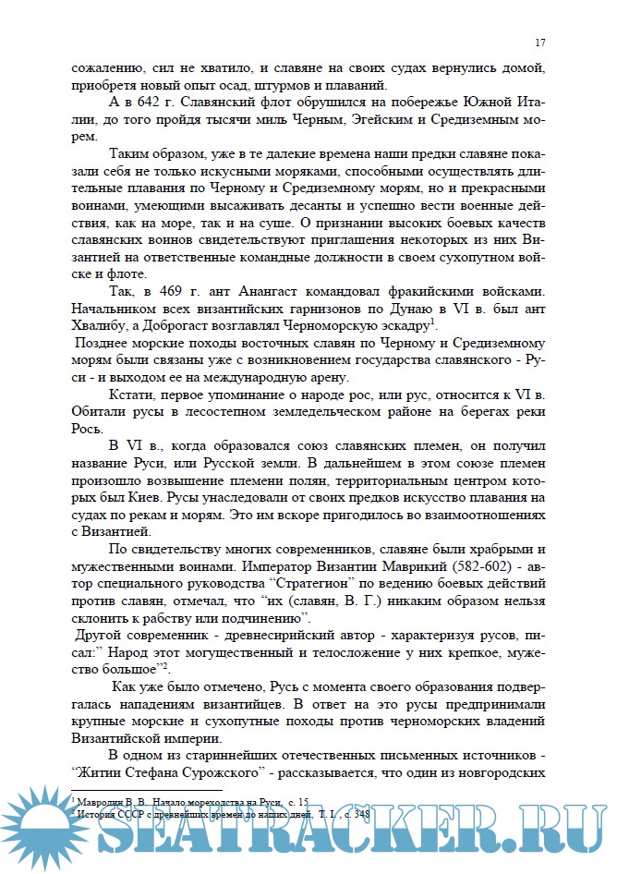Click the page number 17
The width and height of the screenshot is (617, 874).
pyautogui.click(x=540, y=43)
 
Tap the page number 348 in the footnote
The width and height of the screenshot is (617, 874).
pyautogui.click(x=339, y=802)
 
